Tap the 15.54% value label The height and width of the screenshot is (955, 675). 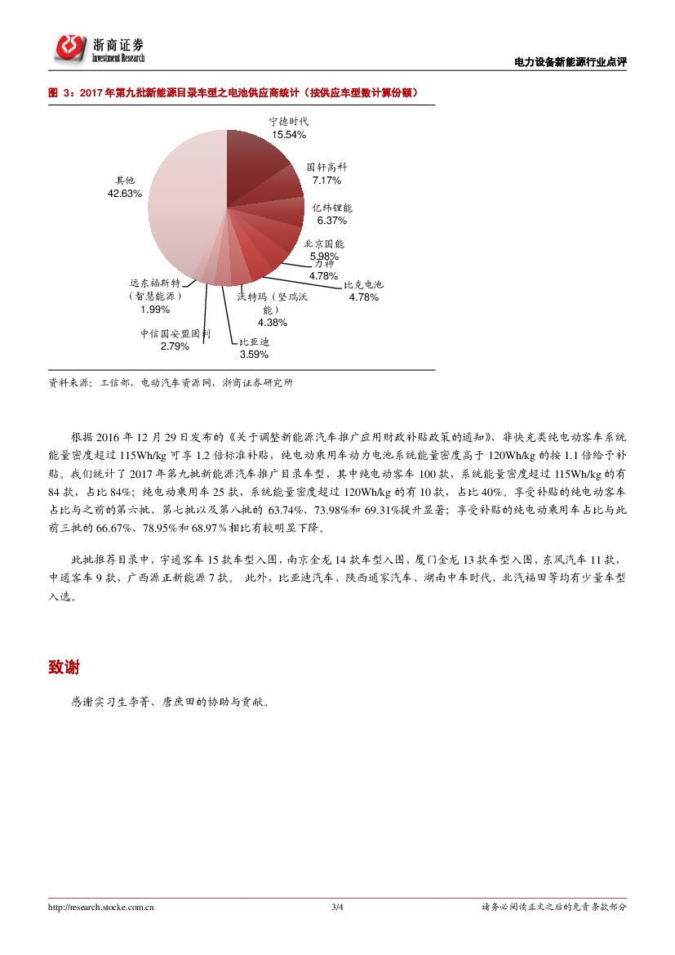click(289, 134)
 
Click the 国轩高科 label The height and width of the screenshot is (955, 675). click(325, 167)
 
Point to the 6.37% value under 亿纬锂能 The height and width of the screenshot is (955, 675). click(332, 221)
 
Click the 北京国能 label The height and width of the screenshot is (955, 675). click(324, 243)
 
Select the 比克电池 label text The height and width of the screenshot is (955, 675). click(363, 285)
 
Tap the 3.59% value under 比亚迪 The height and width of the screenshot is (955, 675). click(254, 355)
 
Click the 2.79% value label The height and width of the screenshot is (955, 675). click(175, 346)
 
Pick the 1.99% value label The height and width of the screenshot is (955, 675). click(155, 310)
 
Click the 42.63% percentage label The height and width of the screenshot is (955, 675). click(125, 194)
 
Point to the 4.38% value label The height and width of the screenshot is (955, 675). click(271, 322)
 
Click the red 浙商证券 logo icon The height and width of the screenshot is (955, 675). click(70, 48)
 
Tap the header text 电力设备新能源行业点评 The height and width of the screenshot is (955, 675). click(571, 62)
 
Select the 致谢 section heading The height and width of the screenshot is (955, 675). click(64, 667)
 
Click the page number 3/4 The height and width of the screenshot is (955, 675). click(337, 907)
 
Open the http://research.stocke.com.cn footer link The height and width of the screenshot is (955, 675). click(102, 907)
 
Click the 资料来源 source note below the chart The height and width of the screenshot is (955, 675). click(171, 382)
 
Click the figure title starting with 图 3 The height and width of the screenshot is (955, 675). click(233, 93)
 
